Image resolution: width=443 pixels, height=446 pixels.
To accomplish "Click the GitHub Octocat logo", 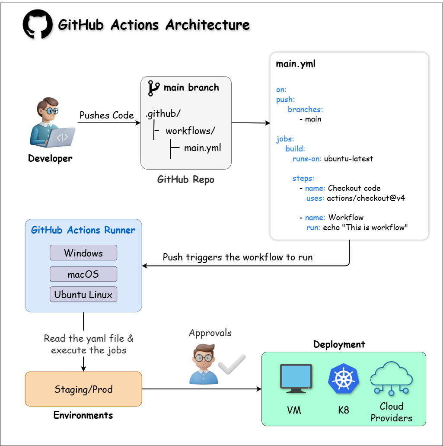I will (38, 25).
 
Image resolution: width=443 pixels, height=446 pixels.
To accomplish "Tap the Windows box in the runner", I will (83, 253).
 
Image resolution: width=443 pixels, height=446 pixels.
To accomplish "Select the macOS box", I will (83, 274).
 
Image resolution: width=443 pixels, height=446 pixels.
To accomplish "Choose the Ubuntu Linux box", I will (83, 295).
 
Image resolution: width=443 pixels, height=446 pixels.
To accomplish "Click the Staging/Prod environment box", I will (83, 389).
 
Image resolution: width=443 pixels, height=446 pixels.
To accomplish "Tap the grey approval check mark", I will (232, 364).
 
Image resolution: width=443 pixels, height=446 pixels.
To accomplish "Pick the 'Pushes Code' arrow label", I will (107, 115).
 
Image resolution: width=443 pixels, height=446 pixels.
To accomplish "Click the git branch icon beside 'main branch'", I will (153, 88).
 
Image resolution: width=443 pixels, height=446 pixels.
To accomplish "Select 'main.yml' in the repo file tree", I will (203, 148).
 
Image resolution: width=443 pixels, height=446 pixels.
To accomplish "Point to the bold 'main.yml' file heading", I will (296, 64).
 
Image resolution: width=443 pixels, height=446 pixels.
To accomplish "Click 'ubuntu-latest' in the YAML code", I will (348, 159).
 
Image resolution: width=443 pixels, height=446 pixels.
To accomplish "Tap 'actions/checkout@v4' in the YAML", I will (366, 198).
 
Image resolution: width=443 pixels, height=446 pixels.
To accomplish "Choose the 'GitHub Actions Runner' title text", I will (83, 230).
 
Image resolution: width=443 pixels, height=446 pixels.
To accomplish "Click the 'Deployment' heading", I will (339, 344).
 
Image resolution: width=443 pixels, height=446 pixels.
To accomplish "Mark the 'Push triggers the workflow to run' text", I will (238, 257).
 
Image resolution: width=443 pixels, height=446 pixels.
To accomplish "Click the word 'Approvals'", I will (210, 333).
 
